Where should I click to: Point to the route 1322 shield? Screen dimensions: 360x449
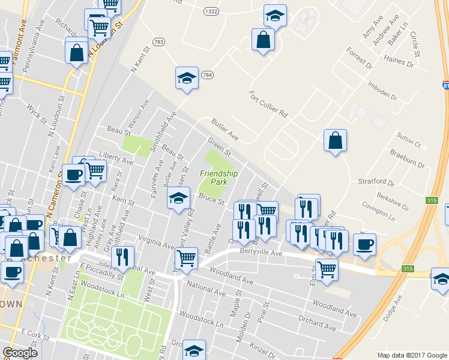(x=211, y=11)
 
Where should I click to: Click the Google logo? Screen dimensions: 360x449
(x=20, y=353)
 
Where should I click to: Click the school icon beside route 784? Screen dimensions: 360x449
(x=187, y=79)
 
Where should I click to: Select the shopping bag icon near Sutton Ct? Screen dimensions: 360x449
(x=335, y=141)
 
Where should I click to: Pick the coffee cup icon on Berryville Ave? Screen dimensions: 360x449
(x=364, y=245)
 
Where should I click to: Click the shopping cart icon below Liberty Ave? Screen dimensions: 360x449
(x=95, y=172)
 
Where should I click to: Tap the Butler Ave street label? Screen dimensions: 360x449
(x=224, y=130)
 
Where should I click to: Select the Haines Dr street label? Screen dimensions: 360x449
(x=399, y=61)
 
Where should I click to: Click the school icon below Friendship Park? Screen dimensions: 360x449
(x=178, y=199)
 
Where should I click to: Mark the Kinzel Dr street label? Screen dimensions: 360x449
(x=263, y=347)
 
